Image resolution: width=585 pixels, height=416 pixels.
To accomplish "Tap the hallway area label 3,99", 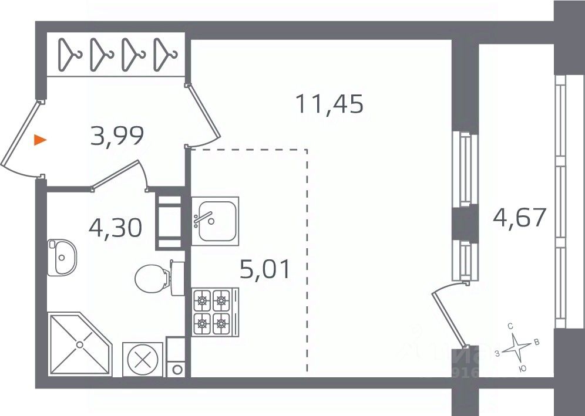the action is pos(117,137).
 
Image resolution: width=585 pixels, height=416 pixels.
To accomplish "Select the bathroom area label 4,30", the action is pos(115,226).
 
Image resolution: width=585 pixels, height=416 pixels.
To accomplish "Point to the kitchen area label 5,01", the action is pos(265,270).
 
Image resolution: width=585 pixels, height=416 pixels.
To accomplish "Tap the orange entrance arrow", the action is pos(39,140).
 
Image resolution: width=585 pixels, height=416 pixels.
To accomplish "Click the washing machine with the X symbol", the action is pos(142,359).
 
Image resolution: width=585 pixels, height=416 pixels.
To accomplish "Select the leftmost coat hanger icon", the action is pos(71,54).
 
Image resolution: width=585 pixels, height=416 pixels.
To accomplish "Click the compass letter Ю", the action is pos(523,368).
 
